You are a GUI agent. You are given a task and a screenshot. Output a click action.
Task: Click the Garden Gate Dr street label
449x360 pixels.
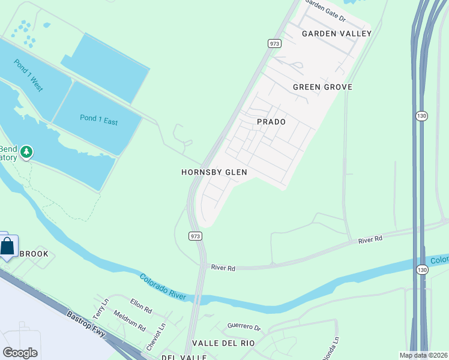click(326, 10)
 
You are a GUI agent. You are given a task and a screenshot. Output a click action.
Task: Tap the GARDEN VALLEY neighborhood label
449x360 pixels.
click(337, 34)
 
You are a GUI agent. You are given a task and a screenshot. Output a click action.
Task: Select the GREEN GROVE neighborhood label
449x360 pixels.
click(322, 87)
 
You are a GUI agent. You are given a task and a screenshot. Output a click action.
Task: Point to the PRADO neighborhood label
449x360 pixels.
click(271, 122)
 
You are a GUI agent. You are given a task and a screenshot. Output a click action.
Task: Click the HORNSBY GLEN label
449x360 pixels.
click(214, 172)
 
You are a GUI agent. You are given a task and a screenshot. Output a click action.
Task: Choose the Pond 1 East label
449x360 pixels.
click(99, 119)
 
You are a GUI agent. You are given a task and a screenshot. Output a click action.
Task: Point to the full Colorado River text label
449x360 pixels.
click(163, 287)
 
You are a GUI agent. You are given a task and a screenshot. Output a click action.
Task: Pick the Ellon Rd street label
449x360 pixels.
click(140, 307)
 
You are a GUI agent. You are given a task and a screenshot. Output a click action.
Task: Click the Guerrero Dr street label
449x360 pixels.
click(244, 327)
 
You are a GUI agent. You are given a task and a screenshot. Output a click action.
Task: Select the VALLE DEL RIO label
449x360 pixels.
click(223, 343)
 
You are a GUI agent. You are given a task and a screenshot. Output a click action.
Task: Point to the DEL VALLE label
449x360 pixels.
click(184, 357)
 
